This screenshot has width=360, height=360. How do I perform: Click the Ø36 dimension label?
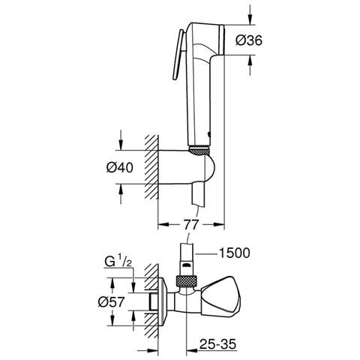(x=249, y=40)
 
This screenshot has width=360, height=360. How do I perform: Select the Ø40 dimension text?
(x=119, y=167)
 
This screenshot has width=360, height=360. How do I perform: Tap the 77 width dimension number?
(x=190, y=224)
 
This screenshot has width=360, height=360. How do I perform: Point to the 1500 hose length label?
(x=234, y=253)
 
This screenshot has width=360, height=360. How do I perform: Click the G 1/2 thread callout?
(x=118, y=262)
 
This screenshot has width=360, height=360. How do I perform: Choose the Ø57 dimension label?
(x=111, y=302)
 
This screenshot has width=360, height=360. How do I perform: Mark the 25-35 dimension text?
(x=217, y=344)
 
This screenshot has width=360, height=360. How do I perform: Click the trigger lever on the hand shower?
(x=178, y=55)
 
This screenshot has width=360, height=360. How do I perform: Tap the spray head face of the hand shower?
(x=221, y=40)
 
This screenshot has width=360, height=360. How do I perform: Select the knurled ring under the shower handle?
(x=199, y=151)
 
